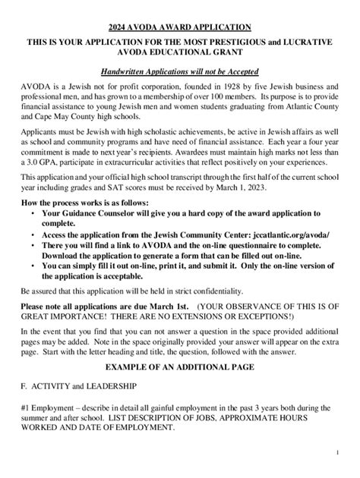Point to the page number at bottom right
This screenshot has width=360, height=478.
click(336, 453)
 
